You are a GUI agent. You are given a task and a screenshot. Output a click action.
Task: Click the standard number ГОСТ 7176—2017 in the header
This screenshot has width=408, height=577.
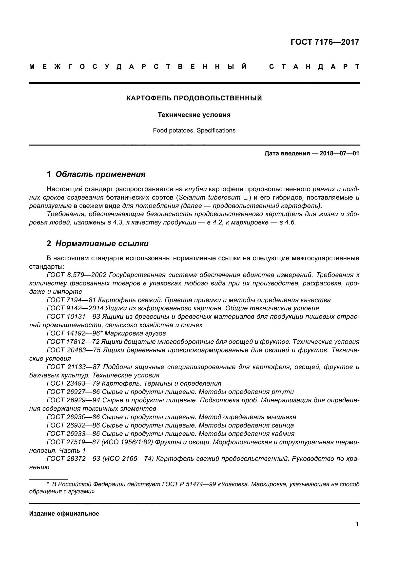[325, 42]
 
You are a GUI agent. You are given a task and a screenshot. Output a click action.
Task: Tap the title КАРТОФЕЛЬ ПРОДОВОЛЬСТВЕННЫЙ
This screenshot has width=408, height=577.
[194, 98]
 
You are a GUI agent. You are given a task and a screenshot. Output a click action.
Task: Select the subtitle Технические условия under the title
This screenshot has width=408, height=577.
[194, 115]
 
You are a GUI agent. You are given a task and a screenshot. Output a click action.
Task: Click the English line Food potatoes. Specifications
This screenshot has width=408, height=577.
[194, 130]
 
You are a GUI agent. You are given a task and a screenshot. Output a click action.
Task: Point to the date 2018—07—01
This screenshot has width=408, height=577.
[339, 153]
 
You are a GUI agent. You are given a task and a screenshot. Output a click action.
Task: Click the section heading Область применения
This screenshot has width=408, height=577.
[100, 174]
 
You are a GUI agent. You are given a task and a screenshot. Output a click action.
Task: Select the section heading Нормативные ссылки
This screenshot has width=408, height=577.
[102, 243]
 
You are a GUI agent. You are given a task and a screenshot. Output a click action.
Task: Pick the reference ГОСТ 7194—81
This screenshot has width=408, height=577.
[71, 300]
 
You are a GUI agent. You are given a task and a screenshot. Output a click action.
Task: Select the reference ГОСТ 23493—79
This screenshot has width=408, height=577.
[73, 384]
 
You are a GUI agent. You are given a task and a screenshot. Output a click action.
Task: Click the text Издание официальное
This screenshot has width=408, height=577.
[64, 514]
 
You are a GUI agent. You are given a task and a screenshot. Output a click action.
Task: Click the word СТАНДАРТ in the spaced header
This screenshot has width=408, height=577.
[314, 67]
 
